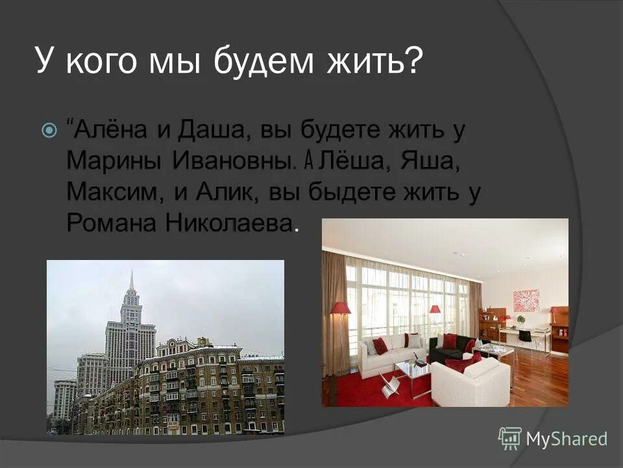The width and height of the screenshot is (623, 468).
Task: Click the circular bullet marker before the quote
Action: click(48, 131)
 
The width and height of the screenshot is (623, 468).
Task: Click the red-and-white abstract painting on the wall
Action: click(526, 300)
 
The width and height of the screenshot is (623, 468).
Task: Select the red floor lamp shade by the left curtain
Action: click(341, 308)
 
